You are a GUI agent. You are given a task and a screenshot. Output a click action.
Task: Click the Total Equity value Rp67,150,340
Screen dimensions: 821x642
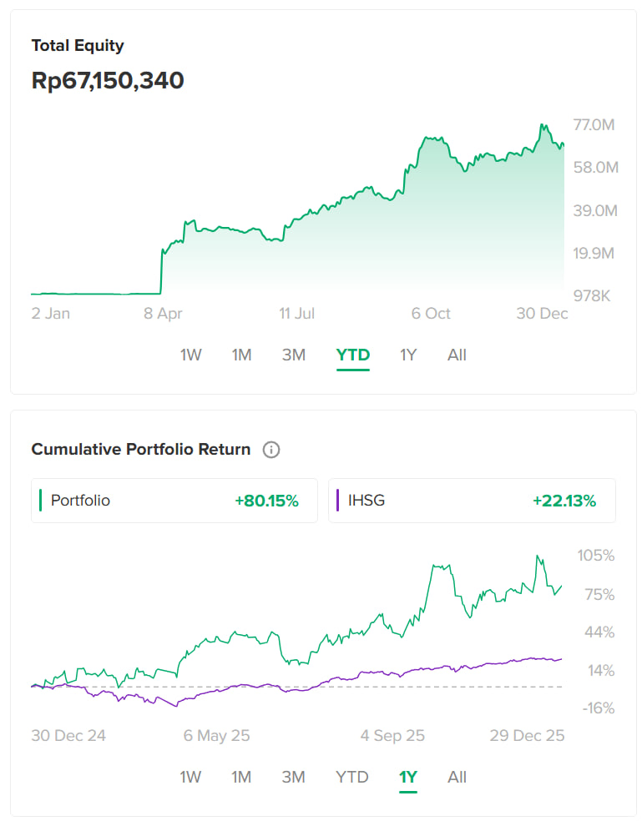point(108,81)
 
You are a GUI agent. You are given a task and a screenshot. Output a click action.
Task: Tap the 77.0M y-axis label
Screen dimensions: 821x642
point(594,125)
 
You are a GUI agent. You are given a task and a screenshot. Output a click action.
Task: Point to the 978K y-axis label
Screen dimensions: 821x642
point(595,295)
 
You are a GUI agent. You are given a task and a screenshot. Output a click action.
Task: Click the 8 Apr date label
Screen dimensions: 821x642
point(163,314)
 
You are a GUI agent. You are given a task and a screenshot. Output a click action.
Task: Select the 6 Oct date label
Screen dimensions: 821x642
point(431,314)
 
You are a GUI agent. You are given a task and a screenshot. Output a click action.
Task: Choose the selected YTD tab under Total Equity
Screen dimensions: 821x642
point(353,355)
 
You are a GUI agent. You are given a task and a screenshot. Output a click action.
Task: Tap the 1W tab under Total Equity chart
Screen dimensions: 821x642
point(190,355)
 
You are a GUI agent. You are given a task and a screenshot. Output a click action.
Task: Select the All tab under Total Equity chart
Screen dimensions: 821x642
point(457,355)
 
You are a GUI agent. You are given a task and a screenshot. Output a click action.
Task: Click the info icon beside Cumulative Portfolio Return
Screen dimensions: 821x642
point(271,450)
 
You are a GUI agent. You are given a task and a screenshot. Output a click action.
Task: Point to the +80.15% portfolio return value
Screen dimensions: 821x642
point(266,501)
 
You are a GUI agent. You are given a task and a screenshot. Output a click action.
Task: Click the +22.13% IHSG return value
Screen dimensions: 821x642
point(564,501)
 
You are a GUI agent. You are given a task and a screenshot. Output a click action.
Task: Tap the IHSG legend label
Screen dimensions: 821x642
point(366,501)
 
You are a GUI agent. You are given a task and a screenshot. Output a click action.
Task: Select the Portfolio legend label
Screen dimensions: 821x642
point(80,501)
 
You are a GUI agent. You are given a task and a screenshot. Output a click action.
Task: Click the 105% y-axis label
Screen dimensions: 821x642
point(596,556)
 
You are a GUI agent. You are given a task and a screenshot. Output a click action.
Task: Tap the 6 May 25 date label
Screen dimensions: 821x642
point(217,736)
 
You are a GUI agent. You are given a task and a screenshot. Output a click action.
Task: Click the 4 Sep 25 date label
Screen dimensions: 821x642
point(392,736)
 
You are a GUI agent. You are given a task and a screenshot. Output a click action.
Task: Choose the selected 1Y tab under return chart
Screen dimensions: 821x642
point(408,778)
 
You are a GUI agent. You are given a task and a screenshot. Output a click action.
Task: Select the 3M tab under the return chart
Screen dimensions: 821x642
point(293,778)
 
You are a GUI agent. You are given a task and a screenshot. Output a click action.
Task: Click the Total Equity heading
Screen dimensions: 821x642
point(78,46)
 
